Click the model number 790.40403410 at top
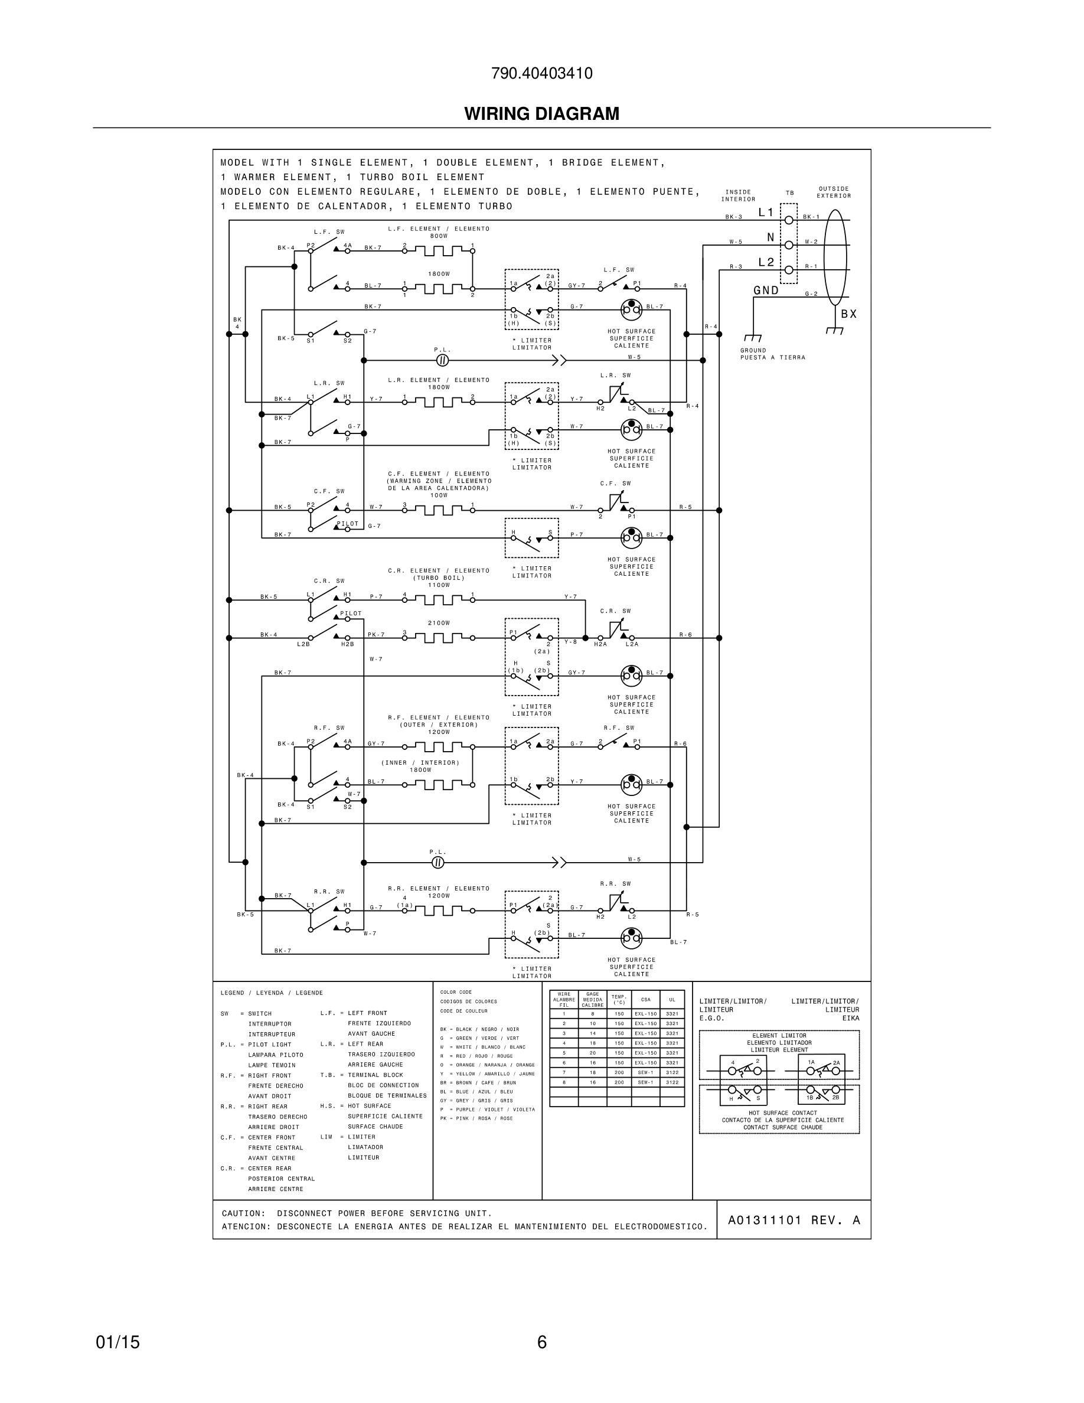541,73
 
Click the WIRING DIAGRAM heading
541,114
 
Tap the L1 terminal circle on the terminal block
789,220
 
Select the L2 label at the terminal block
766,262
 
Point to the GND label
766,291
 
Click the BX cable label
849,314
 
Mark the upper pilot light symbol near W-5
442,360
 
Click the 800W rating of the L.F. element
439,236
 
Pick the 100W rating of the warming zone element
439,495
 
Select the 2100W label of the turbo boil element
439,623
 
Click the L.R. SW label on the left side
329,383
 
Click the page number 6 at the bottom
541,1342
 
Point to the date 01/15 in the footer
117,1342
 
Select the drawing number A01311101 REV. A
794,1220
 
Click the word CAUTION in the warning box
243,1213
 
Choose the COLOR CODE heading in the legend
456,993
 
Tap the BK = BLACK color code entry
479,1029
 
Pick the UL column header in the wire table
672,1000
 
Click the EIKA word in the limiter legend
850,1018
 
